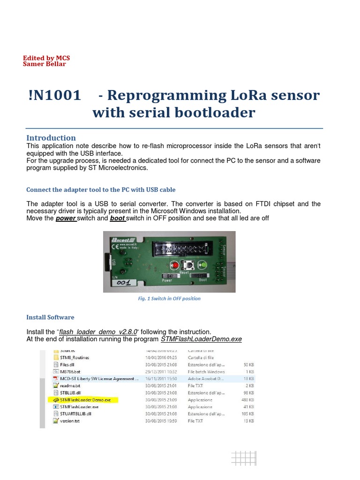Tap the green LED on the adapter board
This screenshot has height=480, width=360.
[x=203, y=265]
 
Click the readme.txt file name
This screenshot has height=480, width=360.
[x=70, y=385]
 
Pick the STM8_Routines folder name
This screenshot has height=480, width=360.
[x=74, y=357]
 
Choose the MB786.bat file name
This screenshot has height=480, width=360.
[x=71, y=371]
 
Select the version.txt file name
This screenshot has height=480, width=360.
[x=70, y=421]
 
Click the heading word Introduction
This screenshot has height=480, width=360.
[x=51, y=138]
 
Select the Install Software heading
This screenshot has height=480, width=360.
[x=50, y=317]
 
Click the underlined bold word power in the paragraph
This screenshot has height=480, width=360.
[x=66, y=218]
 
